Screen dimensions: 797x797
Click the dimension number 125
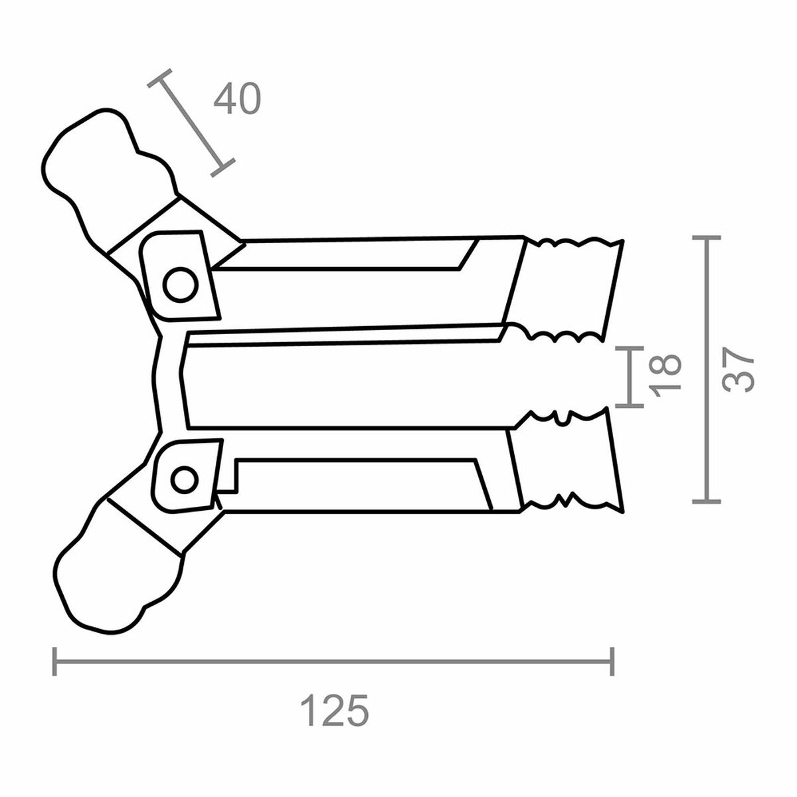334,711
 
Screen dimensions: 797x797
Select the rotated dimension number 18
665,375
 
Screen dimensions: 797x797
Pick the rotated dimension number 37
739,369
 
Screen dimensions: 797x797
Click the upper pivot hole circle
181,285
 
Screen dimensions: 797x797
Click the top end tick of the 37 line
706,237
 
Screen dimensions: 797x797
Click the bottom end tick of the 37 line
706,501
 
